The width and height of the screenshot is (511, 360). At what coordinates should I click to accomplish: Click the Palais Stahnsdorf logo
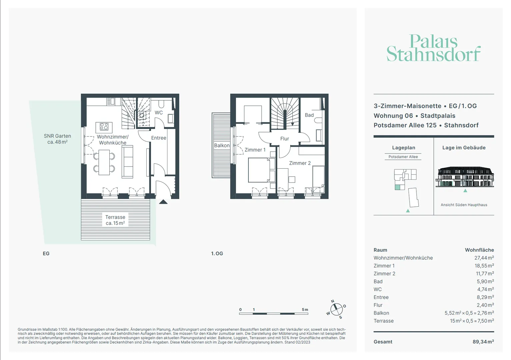pyautogui.click(x=433, y=48)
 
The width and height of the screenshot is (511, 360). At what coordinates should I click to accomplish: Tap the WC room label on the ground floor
pyautogui.click(x=159, y=112)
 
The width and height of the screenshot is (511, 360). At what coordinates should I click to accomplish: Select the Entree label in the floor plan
pyautogui.click(x=159, y=138)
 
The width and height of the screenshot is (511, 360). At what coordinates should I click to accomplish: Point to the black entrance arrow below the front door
pyautogui.click(x=163, y=202)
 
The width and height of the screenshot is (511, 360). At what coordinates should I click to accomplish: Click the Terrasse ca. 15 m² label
pyautogui.click(x=115, y=220)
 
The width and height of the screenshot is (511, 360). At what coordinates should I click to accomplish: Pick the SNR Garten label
pyautogui.click(x=57, y=139)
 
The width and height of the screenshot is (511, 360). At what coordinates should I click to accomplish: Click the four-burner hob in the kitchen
pyautogui.click(x=104, y=127)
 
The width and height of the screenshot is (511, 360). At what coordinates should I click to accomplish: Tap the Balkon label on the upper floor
pyautogui.click(x=222, y=146)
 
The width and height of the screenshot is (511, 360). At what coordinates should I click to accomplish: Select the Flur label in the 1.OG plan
pyautogui.click(x=285, y=138)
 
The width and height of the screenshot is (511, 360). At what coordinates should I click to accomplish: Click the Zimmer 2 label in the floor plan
pyautogui.click(x=300, y=163)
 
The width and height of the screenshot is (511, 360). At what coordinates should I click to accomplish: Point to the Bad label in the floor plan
pyautogui.click(x=309, y=115)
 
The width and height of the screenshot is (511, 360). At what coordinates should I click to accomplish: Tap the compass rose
pyautogui.click(x=336, y=310)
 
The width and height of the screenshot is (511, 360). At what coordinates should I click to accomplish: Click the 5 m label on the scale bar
pyautogui.click(x=305, y=310)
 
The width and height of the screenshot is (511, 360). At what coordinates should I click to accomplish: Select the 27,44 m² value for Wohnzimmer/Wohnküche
pyautogui.click(x=484, y=258)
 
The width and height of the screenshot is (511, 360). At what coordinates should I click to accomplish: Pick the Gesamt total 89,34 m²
pyautogui.click(x=483, y=342)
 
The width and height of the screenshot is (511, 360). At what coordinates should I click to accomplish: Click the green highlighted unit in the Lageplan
pyautogui.click(x=397, y=187)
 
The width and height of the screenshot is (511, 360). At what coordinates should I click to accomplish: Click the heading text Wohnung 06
pyautogui.click(x=393, y=116)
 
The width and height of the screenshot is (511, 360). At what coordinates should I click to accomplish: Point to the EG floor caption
pyautogui.click(x=46, y=253)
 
